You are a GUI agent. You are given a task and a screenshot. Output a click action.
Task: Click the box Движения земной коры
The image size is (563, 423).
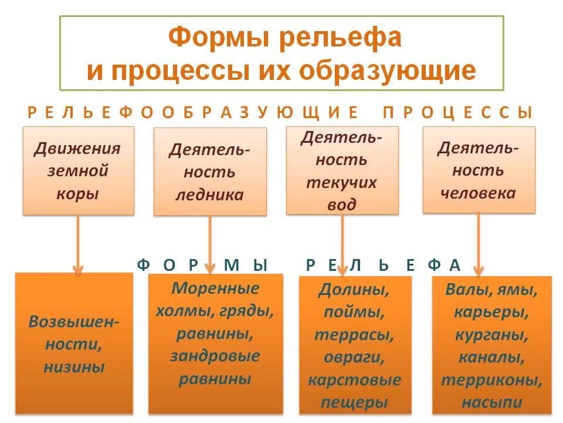click(x=79, y=170)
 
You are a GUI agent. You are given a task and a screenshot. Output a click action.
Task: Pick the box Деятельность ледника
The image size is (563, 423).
click(x=210, y=172)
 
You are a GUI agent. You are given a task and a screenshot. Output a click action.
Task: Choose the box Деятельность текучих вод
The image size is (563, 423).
click(x=342, y=170)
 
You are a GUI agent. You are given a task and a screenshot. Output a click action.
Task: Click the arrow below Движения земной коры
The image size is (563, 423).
click(x=78, y=244)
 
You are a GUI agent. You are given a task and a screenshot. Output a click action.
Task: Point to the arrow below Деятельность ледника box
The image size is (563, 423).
click(x=210, y=244)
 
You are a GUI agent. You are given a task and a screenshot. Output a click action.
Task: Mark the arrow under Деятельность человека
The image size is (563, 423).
click(x=479, y=244)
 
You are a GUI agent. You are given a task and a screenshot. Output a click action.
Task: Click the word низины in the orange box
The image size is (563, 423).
click(x=74, y=368)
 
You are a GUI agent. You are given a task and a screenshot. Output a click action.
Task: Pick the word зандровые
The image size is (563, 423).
click(x=215, y=357)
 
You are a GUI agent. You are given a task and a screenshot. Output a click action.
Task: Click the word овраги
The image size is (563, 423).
click(x=355, y=358)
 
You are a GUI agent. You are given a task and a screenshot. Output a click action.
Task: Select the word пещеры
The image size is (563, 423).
click(x=355, y=403)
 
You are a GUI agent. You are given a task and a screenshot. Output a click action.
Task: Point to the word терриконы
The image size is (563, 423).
click(x=491, y=380)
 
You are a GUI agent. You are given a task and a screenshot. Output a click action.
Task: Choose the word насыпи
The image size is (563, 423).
click(x=491, y=402)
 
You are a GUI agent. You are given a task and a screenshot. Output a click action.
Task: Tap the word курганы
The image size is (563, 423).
click(x=491, y=335)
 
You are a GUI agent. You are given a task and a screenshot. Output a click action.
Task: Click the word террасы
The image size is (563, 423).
click(x=355, y=335)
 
